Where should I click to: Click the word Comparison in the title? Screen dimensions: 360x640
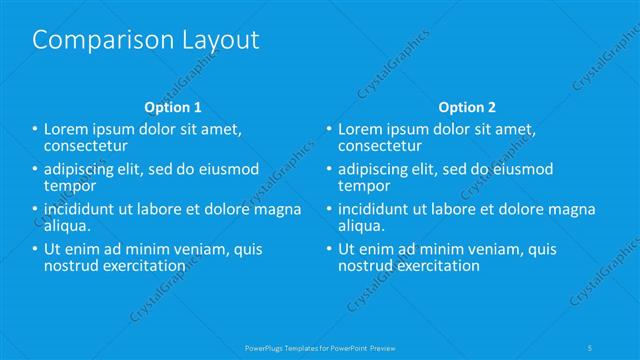pos(95,40)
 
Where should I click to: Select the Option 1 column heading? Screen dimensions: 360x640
pos(173,106)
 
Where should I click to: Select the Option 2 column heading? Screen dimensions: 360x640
pos(466,106)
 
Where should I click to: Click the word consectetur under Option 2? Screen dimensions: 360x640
pos(382,146)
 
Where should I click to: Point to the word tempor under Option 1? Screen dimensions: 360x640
pos(70,186)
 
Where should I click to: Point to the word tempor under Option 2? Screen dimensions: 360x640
pos(363,186)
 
